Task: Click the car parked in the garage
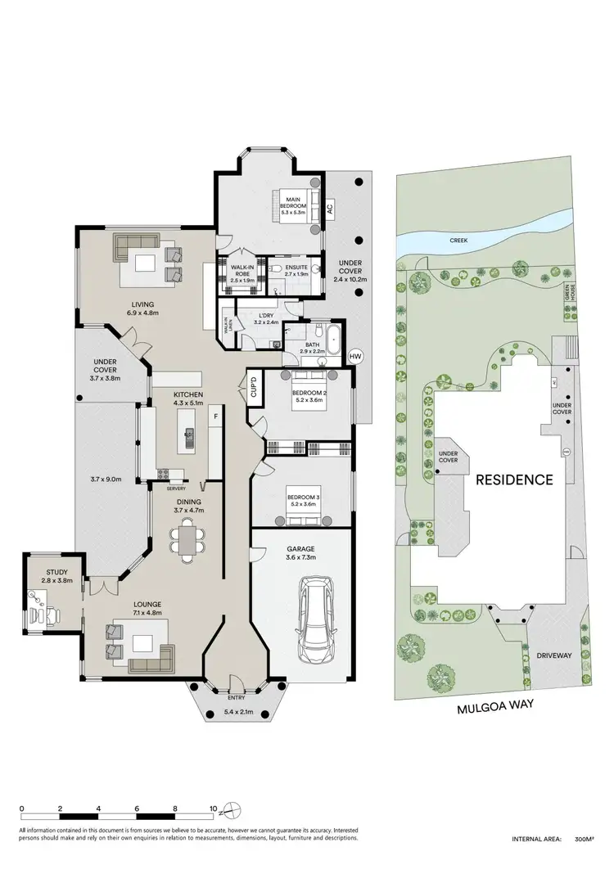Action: click(x=314, y=619)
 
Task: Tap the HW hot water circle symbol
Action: click(x=354, y=357)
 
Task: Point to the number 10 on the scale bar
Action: click(x=214, y=808)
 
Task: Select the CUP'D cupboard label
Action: click(x=254, y=385)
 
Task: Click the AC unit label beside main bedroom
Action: click(x=330, y=208)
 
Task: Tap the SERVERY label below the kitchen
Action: click(x=175, y=489)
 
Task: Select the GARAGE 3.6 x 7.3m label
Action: click(x=301, y=553)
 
